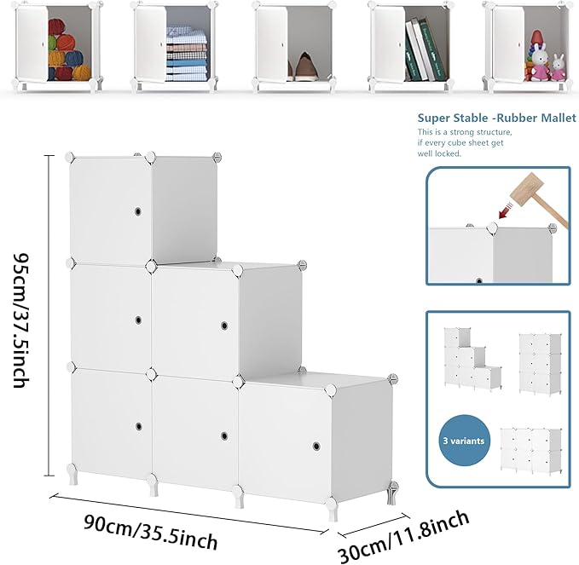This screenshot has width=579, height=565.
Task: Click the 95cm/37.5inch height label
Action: click(x=21, y=320)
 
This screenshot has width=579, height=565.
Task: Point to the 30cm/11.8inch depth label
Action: click(x=403, y=537)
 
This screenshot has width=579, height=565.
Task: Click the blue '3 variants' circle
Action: click(x=464, y=441)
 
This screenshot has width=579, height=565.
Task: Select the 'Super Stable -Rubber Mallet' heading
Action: click(x=496, y=118)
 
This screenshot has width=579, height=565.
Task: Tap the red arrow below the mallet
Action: click(x=505, y=210)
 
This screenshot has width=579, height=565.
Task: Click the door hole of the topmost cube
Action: click(x=138, y=211)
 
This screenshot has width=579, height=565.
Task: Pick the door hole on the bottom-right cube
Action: click(x=316, y=447)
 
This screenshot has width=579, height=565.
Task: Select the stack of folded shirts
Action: click(x=186, y=53)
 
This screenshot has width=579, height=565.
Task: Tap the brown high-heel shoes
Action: click(x=303, y=67)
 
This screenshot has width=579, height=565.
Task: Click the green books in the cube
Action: click(x=425, y=49)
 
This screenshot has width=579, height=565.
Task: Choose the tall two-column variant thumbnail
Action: click(x=541, y=364)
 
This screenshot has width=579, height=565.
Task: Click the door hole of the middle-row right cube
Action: click(x=224, y=326)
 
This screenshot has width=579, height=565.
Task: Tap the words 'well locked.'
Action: click(x=439, y=153)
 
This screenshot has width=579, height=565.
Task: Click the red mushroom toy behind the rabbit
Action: click(x=536, y=38)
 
